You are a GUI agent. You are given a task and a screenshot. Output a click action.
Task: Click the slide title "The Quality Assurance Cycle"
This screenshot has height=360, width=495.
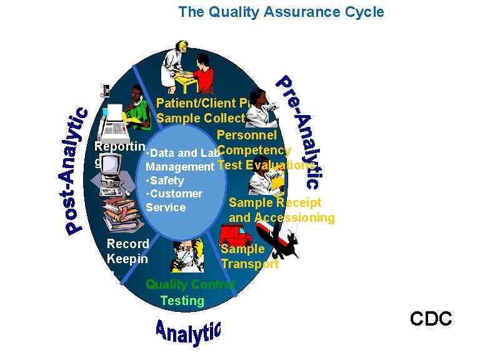[281, 12]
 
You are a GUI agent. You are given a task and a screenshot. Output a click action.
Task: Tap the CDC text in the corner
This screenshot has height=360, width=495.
[431, 319]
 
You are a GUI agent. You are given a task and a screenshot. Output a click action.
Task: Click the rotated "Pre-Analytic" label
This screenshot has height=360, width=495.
[301, 131]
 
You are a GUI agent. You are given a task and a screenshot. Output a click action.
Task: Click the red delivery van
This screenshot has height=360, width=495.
[236, 237]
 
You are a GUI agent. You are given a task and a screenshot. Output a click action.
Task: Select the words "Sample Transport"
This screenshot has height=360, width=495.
[249, 256]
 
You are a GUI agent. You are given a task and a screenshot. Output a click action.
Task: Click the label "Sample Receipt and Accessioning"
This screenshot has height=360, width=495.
[281, 210]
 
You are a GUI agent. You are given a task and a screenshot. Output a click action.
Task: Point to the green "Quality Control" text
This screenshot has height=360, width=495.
[190, 285]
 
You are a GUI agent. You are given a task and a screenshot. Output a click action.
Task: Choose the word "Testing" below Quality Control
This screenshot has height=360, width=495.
[182, 301]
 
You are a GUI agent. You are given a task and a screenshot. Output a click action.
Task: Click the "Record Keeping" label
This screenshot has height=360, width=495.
[127, 251]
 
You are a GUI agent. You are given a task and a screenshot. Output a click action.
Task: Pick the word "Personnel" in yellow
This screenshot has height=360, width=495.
[246, 136]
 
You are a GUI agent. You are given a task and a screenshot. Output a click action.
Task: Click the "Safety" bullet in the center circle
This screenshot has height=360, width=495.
[166, 181]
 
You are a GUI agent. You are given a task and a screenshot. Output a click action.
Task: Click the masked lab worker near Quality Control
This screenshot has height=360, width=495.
[188, 256]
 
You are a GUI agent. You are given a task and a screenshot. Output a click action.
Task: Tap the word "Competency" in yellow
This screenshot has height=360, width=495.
[255, 151]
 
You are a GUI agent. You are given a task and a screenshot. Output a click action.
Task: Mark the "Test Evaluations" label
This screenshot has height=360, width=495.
[266, 166]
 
